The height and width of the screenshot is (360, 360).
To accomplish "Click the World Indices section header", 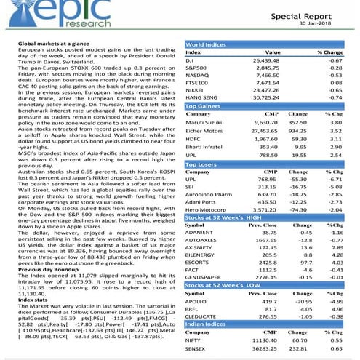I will (206, 45).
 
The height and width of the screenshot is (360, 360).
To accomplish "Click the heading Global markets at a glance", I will (59, 44).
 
